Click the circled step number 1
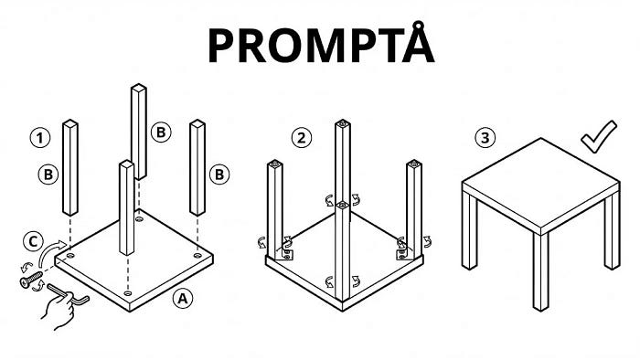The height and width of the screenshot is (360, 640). pyautogui.click(x=39, y=139)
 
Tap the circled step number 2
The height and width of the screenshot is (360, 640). pyautogui.click(x=301, y=139)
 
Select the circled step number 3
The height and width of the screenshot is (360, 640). pyautogui.click(x=485, y=139)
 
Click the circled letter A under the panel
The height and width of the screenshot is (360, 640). pyautogui.click(x=183, y=298)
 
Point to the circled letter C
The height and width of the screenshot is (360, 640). pyautogui.click(x=34, y=242)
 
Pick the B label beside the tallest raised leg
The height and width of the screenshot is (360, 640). pyautogui.click(x=161, y=132)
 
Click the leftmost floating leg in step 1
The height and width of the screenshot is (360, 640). pyautogui.click(x=69, y=167)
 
